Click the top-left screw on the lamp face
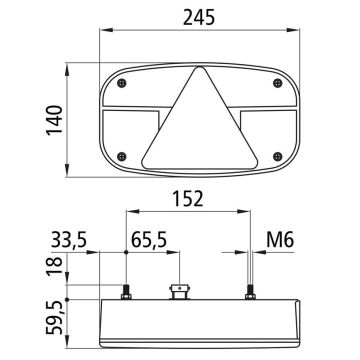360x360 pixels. [121, 82]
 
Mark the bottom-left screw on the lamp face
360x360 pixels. [121, 155]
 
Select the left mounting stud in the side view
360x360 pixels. [126, 294]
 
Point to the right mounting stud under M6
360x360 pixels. [250, 294]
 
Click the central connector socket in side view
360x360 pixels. [181, 293]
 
